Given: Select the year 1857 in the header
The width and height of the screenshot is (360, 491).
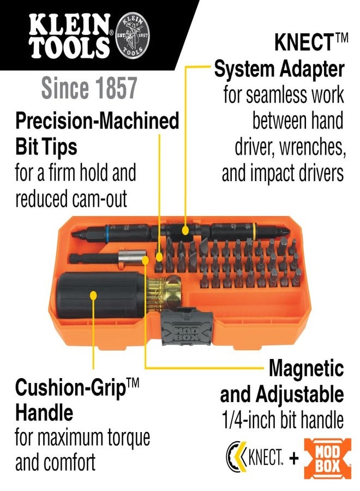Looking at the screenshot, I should tap(115, 88).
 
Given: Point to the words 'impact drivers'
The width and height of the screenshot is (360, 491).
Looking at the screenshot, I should tap(283, 173).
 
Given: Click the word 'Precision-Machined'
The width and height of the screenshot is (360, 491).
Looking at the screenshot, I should tap(97, 121).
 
